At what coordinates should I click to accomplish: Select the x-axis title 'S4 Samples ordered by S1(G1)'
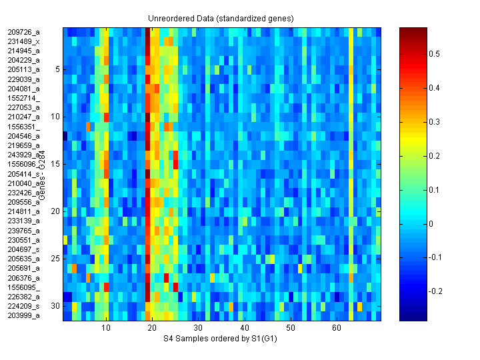(x=221, y=339)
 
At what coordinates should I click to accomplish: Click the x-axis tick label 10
(x=106, y=329)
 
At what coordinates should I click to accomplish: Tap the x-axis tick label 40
(x=245, y=329)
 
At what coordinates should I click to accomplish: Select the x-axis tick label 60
(x=337, y=329)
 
